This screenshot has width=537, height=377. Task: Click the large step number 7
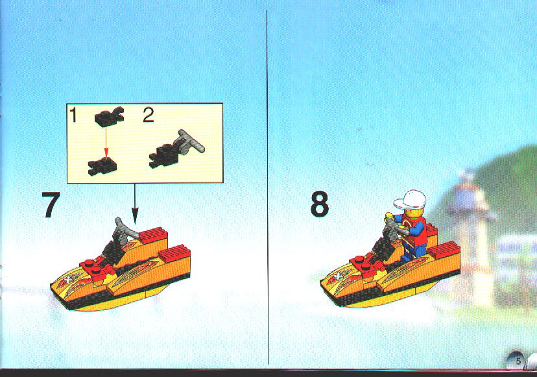pos(51,204)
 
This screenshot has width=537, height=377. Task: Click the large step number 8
pos(320,204)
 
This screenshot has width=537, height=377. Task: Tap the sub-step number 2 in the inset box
pos(148,115)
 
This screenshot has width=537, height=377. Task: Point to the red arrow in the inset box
pos(106,142)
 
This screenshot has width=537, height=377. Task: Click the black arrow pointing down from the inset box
pos(135,204)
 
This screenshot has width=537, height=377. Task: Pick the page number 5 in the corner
pos(518,361)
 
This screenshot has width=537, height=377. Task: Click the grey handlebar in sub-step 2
pos(189,141)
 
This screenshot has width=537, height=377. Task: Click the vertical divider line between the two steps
pos(267,187)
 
